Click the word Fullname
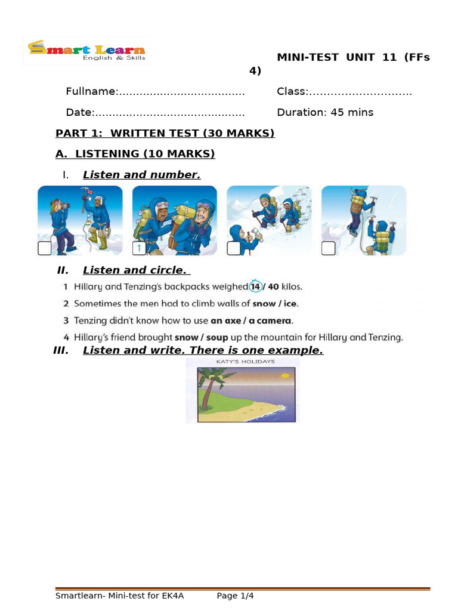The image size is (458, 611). [91, 91]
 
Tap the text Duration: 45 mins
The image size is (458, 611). [325, 112]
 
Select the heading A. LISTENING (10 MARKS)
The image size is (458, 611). [135, 154]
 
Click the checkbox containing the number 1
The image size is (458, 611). [139, 248]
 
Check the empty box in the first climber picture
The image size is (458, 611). [45, 248]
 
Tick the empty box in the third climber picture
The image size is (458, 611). [234, 248]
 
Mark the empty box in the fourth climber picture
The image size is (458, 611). [328, 248]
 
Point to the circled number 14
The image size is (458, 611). [255, 286]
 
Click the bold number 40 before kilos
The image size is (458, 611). [274, 286]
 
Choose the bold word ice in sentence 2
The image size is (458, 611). [290, 303]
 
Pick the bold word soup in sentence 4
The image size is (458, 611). [217, 337]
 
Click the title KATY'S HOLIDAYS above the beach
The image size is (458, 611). [242, 362]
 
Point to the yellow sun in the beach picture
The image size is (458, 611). [285, 375]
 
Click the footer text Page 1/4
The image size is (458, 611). [235, 595]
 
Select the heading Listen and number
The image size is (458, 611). [141, 175]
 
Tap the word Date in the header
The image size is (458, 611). [79, 112]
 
